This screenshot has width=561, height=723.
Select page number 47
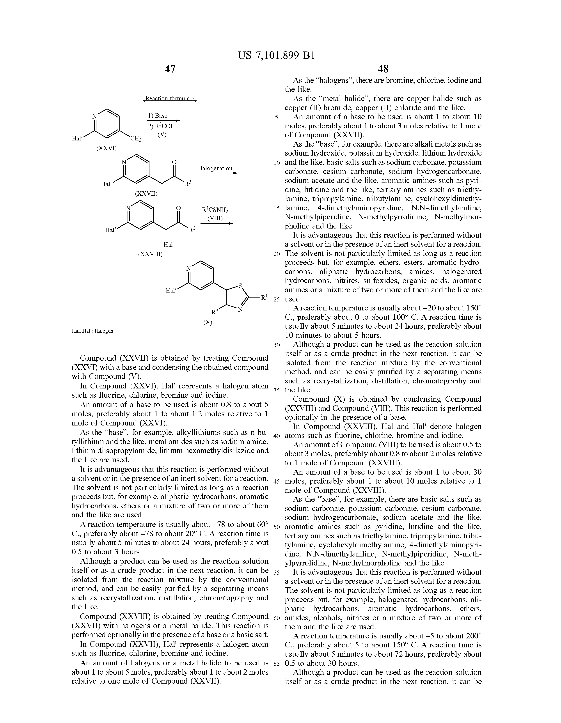tap(170, 69)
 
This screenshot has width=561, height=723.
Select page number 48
tap(383, 69)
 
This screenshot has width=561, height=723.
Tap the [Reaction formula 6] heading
tap(170, 99)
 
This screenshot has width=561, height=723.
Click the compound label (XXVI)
tap(106, 148)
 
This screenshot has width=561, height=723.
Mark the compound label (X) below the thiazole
tap(208, 322)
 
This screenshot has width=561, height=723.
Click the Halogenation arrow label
tap(215, 168)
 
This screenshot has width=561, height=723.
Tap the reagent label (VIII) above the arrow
tap(215, 218)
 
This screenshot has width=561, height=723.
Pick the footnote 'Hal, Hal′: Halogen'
tap(92, 331)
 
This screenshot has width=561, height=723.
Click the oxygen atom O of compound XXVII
tap(174, 162)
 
